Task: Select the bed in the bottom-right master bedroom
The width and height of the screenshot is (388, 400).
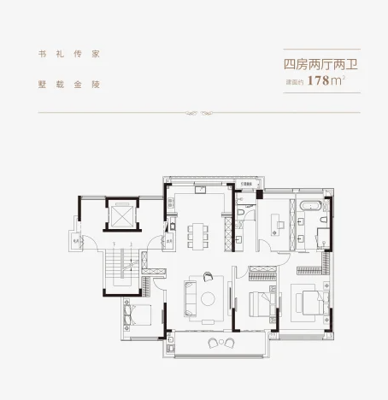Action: pyautogui.click(x=308, y=303)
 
